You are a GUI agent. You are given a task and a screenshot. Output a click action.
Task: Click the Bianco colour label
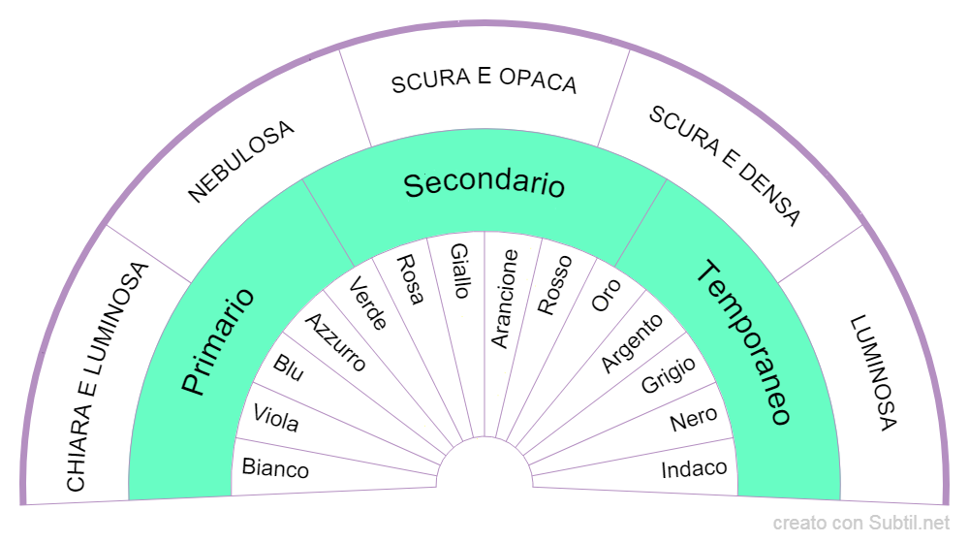tap(275, 468)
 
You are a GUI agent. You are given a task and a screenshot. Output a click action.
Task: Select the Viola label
tap(275, 419)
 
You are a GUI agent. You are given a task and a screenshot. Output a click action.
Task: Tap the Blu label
tap(289, 368)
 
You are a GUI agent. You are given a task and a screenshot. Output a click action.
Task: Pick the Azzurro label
tap(336, 342)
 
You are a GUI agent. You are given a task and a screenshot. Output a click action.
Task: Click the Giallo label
tap(459, 271)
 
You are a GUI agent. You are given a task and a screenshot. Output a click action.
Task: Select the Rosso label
tap(554, 284)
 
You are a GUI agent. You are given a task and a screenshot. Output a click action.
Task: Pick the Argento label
tap(632, 342)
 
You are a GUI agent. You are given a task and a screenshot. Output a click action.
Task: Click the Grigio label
tap(668, 375)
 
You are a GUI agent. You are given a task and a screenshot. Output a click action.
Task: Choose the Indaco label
tap(694, 469)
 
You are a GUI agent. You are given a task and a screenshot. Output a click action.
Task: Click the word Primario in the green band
tap(218, 340)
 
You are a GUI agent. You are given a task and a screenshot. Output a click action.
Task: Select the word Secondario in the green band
tap(484, 183)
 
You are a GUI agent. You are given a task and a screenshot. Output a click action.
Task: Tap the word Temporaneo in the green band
tap(744, 343)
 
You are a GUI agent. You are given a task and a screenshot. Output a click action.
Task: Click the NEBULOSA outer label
tap(240, 161)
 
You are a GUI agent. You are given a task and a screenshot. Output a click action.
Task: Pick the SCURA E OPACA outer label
tap(484, 81)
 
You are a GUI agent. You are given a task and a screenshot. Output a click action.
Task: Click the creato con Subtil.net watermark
tap(862, 524)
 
